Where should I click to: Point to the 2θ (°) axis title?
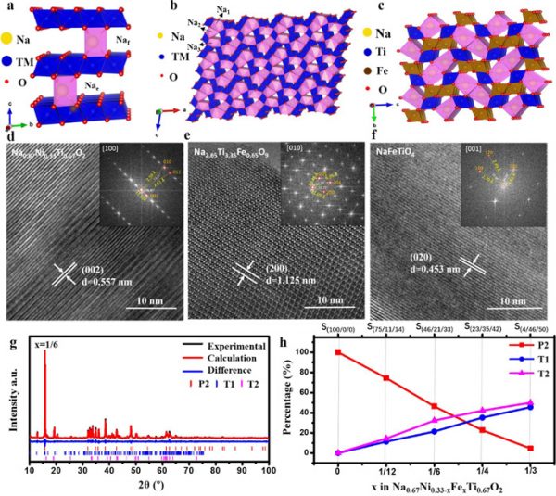click(x=148, y=484)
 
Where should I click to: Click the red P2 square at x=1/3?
click(x=530, y=449)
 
